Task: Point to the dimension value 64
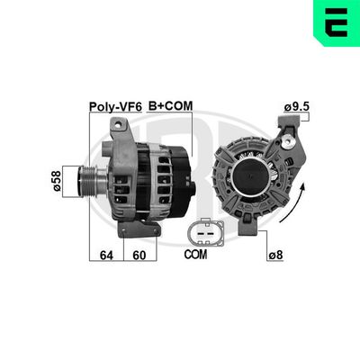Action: click(105, 255)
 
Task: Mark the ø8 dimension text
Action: click(276, 255)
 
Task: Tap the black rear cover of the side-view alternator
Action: click(179, 175)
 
